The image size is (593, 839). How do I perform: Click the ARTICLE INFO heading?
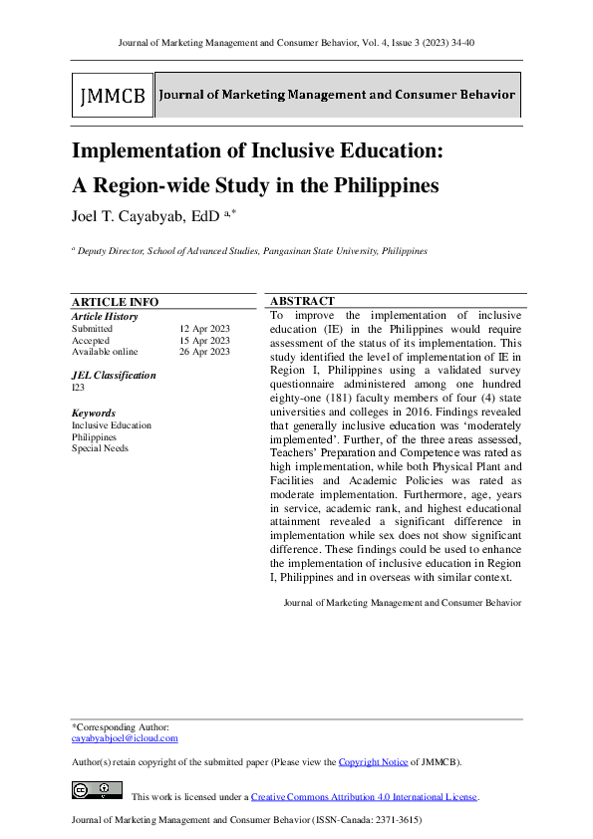click(115, 302)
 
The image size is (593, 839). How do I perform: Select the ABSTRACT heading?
click(302, 301)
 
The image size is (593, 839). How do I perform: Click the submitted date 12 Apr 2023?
click(204, 328)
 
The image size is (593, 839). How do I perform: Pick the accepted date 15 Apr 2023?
click(204, 340)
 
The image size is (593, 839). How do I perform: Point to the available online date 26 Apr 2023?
click(204, 352)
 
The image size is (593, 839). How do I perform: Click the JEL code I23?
click(78, 388)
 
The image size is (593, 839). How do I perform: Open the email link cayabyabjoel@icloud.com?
click(125, 738)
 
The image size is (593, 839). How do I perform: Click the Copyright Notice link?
click(373, 762)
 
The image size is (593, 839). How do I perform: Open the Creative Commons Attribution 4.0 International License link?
click(364, 797)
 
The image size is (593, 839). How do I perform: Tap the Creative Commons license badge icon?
click(97, 791)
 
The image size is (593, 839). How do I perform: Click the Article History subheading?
click(105, 316)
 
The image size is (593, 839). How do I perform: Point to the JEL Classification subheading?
click(114, 376)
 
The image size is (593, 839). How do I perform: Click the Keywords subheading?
click(93, 413)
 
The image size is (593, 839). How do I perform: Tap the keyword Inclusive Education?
click(112, 425)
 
